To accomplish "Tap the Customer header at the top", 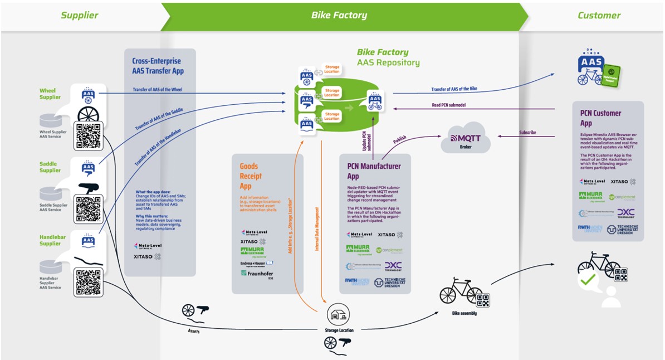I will [599, 16].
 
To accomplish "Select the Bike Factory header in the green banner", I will [339, 16].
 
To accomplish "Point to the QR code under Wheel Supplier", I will [88, 135].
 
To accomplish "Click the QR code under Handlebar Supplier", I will [88, 281].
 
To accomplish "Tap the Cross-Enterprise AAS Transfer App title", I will [158, 66].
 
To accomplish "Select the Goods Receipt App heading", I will [251, 176].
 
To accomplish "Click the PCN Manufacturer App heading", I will [373, 171].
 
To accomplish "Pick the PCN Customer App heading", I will [600, 118].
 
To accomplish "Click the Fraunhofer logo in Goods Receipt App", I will [257, 274].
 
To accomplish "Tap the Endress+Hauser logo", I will [257, 262].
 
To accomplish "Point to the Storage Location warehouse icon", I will [338, 315].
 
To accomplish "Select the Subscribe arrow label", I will [527, 133].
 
